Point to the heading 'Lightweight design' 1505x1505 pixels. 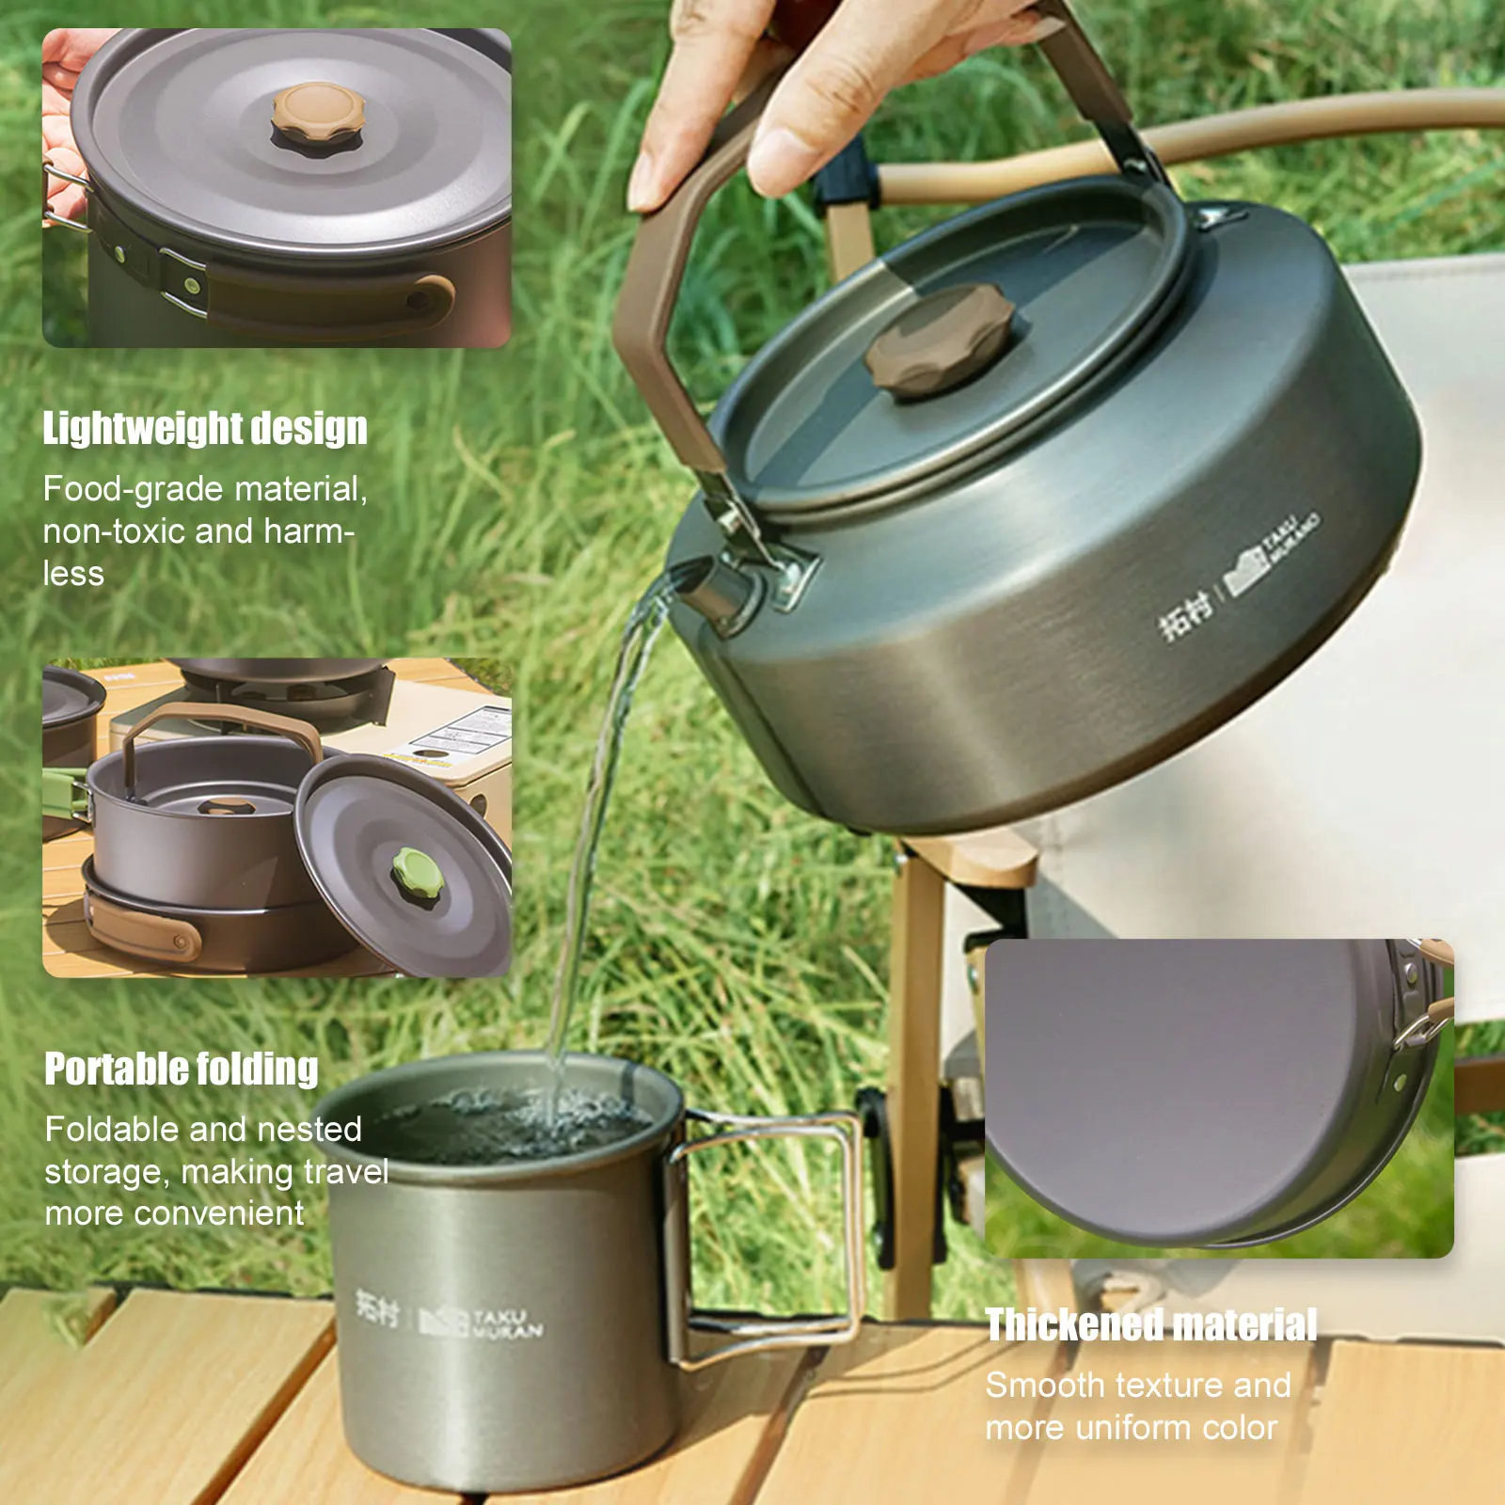tap(205, 429)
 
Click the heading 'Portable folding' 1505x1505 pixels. tap(182, 1069)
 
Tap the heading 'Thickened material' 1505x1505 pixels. tap(1150, 1325)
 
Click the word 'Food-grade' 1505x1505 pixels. tap(133, 489)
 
